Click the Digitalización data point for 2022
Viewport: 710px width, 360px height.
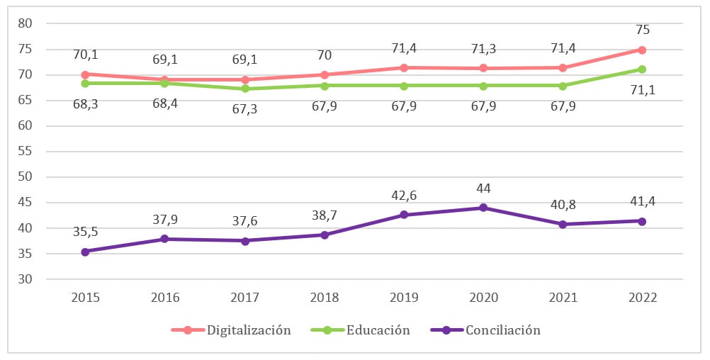pos(642,50)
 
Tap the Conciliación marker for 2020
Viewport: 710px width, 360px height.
pos(483,208)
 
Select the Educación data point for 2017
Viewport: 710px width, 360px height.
pos(244,89)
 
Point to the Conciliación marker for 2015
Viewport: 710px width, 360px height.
pos(85,252)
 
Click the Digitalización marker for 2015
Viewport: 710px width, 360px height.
pos(85,74)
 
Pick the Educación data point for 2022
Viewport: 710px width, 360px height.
pos(642,69)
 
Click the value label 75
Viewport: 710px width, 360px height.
pos(643,30)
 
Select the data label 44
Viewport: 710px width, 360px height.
pos(483,188)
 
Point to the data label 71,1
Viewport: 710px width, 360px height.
pos(643,89)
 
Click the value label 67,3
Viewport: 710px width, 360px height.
pos(244,108)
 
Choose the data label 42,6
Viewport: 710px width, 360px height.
pos(403,195)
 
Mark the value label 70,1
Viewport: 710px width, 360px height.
pos(85,55)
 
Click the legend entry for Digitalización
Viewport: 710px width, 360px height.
pos(232,330)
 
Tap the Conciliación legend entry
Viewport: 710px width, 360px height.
pos(485,330)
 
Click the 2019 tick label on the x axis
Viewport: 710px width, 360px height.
pos(403,298)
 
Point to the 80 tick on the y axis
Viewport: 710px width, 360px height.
pos(26,23)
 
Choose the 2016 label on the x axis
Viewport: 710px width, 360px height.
pos(164,298)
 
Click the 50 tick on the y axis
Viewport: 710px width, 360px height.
pos(26,177)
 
